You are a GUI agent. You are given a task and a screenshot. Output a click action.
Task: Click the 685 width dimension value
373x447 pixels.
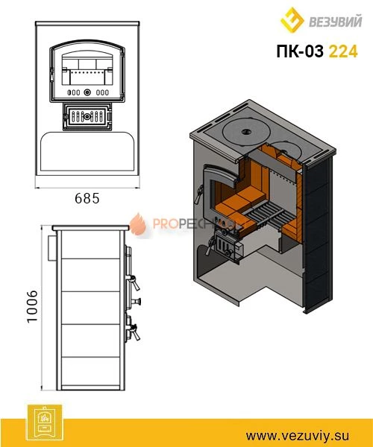(x=87, y=198)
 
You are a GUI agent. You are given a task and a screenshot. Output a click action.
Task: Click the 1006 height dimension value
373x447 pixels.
(x=32, y=306)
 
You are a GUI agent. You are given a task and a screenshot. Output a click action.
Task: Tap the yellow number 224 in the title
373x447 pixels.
(x=343, y=51)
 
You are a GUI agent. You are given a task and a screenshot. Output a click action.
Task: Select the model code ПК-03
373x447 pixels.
(x=300, y=51)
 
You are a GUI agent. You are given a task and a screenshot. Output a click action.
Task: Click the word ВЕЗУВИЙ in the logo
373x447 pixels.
(x=336, y=22)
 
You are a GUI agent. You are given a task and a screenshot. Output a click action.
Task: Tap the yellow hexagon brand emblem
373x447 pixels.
(x=292, y=20)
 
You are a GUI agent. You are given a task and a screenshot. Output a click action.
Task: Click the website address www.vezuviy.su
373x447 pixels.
(x=298, y=436)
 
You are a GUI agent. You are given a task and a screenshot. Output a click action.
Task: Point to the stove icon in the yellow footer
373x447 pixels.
(x=44, y=422)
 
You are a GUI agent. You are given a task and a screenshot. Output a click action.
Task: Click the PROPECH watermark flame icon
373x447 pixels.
(x=139, y=225)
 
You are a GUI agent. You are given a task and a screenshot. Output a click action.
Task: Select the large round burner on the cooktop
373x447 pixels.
(x=245, y=133)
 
